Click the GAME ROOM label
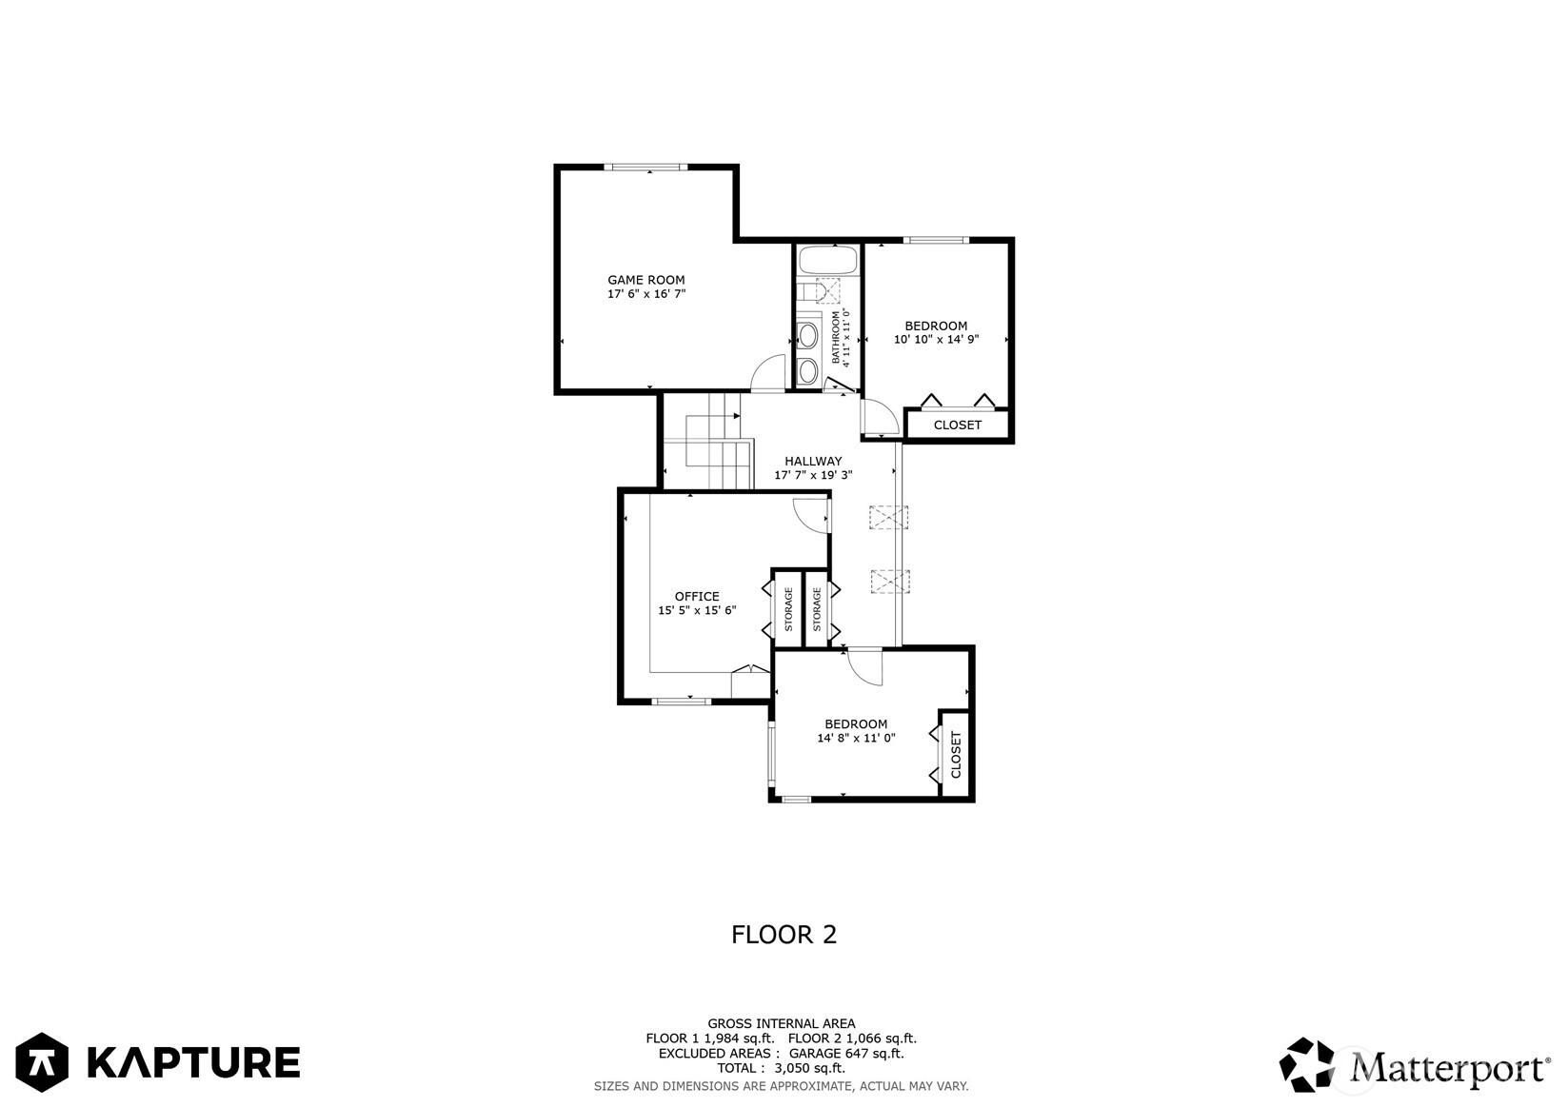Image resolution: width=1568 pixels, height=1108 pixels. [645, 280]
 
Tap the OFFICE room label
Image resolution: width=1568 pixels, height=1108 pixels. [697, 596]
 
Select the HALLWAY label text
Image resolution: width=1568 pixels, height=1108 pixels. [813, 462]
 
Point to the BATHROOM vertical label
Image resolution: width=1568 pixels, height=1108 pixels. [835, 337]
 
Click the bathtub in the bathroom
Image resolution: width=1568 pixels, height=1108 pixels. [828, 261]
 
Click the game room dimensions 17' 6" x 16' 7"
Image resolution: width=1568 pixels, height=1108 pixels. [646, 294]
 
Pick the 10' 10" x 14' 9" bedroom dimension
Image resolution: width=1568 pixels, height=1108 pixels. [936, 340]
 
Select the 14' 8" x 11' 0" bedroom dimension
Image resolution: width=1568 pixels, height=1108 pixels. [856, 738]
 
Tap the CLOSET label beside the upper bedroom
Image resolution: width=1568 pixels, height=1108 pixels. [957, 425]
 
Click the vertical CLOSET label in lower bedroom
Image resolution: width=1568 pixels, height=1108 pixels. [956, 755]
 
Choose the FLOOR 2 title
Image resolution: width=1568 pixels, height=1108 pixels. [784, 935]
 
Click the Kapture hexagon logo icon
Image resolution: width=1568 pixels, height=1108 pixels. [42, 1061]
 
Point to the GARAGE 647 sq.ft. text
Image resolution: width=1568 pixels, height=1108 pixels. [846, 1054]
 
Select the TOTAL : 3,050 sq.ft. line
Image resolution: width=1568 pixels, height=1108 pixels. [782, 1068]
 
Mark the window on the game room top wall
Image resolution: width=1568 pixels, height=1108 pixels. [645, 168]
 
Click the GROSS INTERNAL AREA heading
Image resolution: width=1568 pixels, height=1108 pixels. [782, 1023]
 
